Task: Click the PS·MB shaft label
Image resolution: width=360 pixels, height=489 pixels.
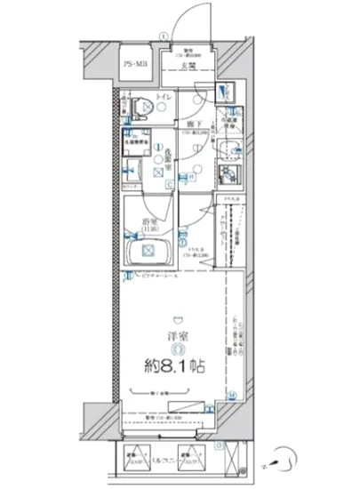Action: click(x=135, y=65)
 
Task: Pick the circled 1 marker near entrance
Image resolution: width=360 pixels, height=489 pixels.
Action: click(x=162, y=36)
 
